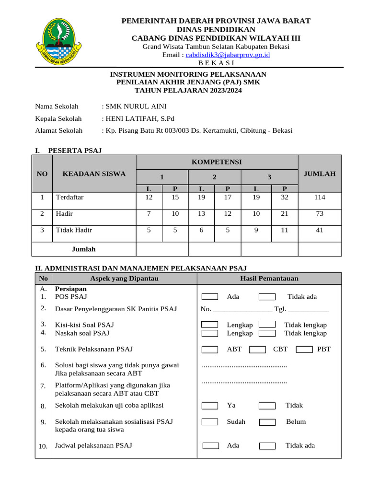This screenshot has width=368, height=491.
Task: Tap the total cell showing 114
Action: click(x=320, y=197)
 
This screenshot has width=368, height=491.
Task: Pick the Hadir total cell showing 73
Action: click(x=320, y=213)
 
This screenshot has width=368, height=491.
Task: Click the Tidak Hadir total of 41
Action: click(x=320, y=230)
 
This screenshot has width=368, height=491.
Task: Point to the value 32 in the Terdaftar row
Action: click(x=285, y=197)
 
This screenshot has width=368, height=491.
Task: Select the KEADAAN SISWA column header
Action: click(x=94, y=174)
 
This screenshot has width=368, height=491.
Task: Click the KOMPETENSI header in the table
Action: click(x=217, y=162)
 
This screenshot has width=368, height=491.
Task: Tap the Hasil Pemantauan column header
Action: click(x=269, y=278)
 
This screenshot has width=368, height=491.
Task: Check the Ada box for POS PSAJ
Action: click(x=210, y=297)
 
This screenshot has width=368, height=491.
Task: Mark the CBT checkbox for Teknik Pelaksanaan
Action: click(x=257, y=350)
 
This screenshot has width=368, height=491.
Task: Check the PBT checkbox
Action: click(x=304, y=350)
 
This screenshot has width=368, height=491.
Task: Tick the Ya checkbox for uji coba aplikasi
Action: click(x=210, y=406)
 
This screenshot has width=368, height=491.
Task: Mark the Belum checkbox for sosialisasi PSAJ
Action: click(x=267, y=422)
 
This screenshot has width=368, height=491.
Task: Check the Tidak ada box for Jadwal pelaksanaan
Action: click(x=267, y=446)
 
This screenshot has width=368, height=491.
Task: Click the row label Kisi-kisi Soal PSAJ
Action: click(x=84, y=325)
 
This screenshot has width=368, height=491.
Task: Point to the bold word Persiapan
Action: click(x=71, y=289)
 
